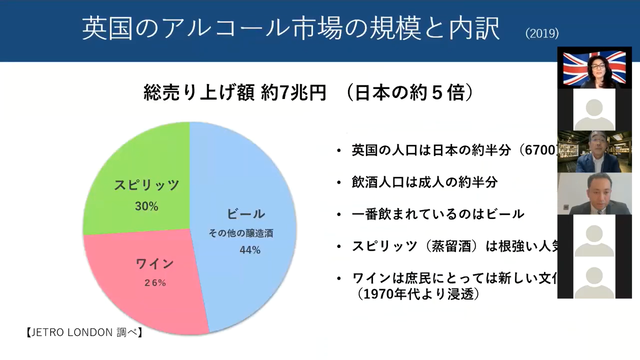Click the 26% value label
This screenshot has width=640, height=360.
[155, 283]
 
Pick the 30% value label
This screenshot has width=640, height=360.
[146, 206]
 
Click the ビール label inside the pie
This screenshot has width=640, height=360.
[245, 215]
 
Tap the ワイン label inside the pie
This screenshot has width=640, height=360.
[155, 264]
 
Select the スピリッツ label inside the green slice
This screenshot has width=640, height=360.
[146, 187]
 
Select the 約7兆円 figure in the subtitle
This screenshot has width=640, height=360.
[291, 93]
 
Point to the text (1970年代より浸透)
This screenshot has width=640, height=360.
[420, 294]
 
